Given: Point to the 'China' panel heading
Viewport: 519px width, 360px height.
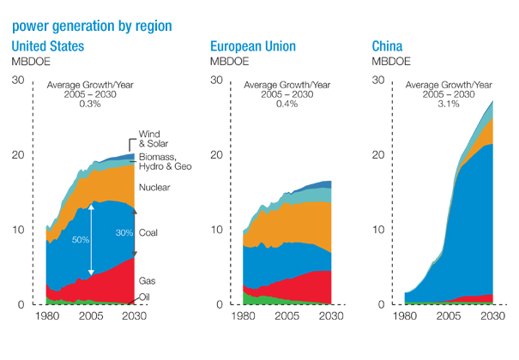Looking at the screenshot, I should (x=389, y=45).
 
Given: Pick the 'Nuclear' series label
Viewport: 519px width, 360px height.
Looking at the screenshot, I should (x=155, y=188).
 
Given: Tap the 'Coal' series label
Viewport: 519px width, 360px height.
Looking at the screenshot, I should (x=150, y=232).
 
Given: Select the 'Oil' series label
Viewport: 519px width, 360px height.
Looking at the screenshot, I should (x=147, y=297).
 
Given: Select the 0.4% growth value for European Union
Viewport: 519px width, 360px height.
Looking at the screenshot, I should (x=287, y=104).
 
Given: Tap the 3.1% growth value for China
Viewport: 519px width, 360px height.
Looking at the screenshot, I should (x=448, y=104).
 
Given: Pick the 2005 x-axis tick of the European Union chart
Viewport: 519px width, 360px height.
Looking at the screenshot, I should (x=287, y=315).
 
